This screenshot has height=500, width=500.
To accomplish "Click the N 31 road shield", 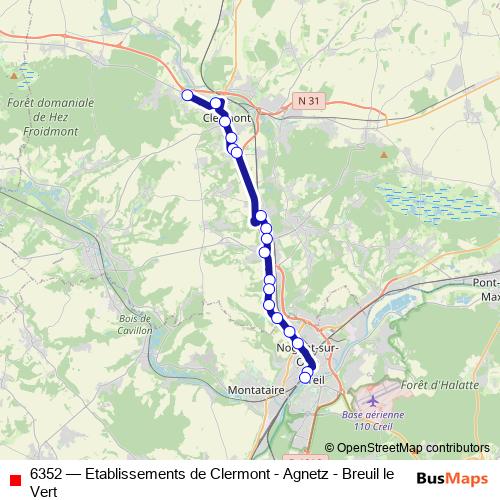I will click(308, 101).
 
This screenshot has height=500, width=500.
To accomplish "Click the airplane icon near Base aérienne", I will click(375, 401).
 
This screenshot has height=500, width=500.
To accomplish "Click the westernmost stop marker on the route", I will click(187, 95).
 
